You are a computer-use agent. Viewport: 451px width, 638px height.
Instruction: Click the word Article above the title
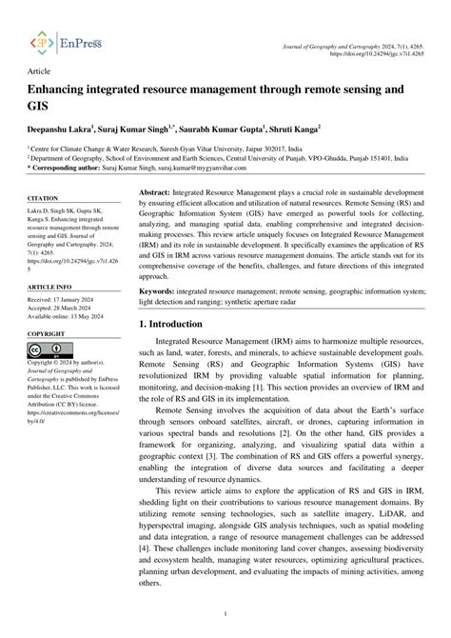[40, 72]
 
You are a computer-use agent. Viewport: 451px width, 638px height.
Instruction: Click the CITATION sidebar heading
[44, 199]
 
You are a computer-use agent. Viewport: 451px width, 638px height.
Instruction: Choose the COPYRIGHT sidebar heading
[47, 308]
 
